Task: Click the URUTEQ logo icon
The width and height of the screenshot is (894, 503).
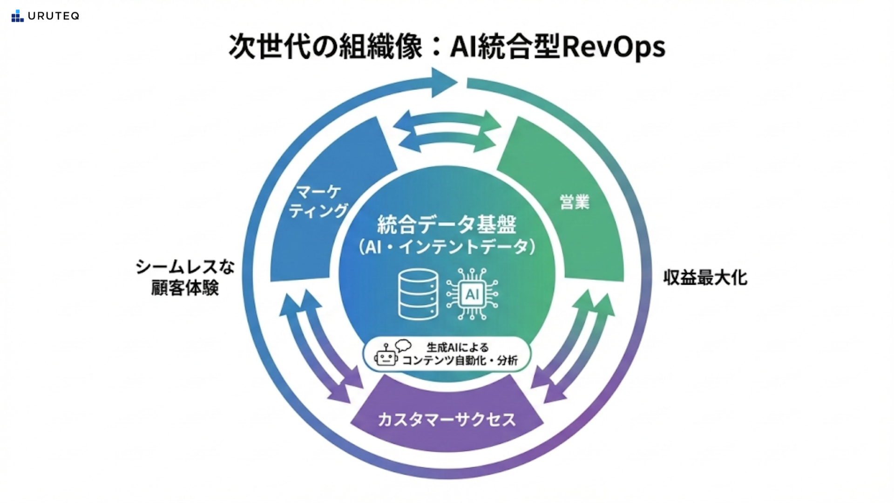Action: coord(17,16)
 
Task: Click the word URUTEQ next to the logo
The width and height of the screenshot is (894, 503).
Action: coord(53,16)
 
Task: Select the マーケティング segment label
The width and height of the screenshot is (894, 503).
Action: coord(318,201)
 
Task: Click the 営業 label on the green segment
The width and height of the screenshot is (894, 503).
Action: coord(575,202)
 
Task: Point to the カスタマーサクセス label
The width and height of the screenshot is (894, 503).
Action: coord(447,420)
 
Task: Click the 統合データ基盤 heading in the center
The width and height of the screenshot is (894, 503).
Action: coord(447,225)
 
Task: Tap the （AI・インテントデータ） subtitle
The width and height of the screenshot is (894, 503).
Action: coord(447,247)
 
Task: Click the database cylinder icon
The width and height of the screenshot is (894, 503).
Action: coord(418,294)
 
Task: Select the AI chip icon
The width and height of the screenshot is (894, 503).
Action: coord(472,294)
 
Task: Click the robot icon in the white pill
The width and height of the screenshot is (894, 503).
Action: coord(386,357)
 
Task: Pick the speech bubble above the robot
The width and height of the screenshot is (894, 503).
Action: coord(403,346)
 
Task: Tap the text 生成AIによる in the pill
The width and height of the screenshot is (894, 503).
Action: coord(458,347)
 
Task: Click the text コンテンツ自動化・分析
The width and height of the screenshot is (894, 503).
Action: coord(460,360)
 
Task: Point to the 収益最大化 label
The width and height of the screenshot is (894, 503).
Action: coord(705,278)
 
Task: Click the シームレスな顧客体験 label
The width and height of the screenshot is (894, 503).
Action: coord(185,278)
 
